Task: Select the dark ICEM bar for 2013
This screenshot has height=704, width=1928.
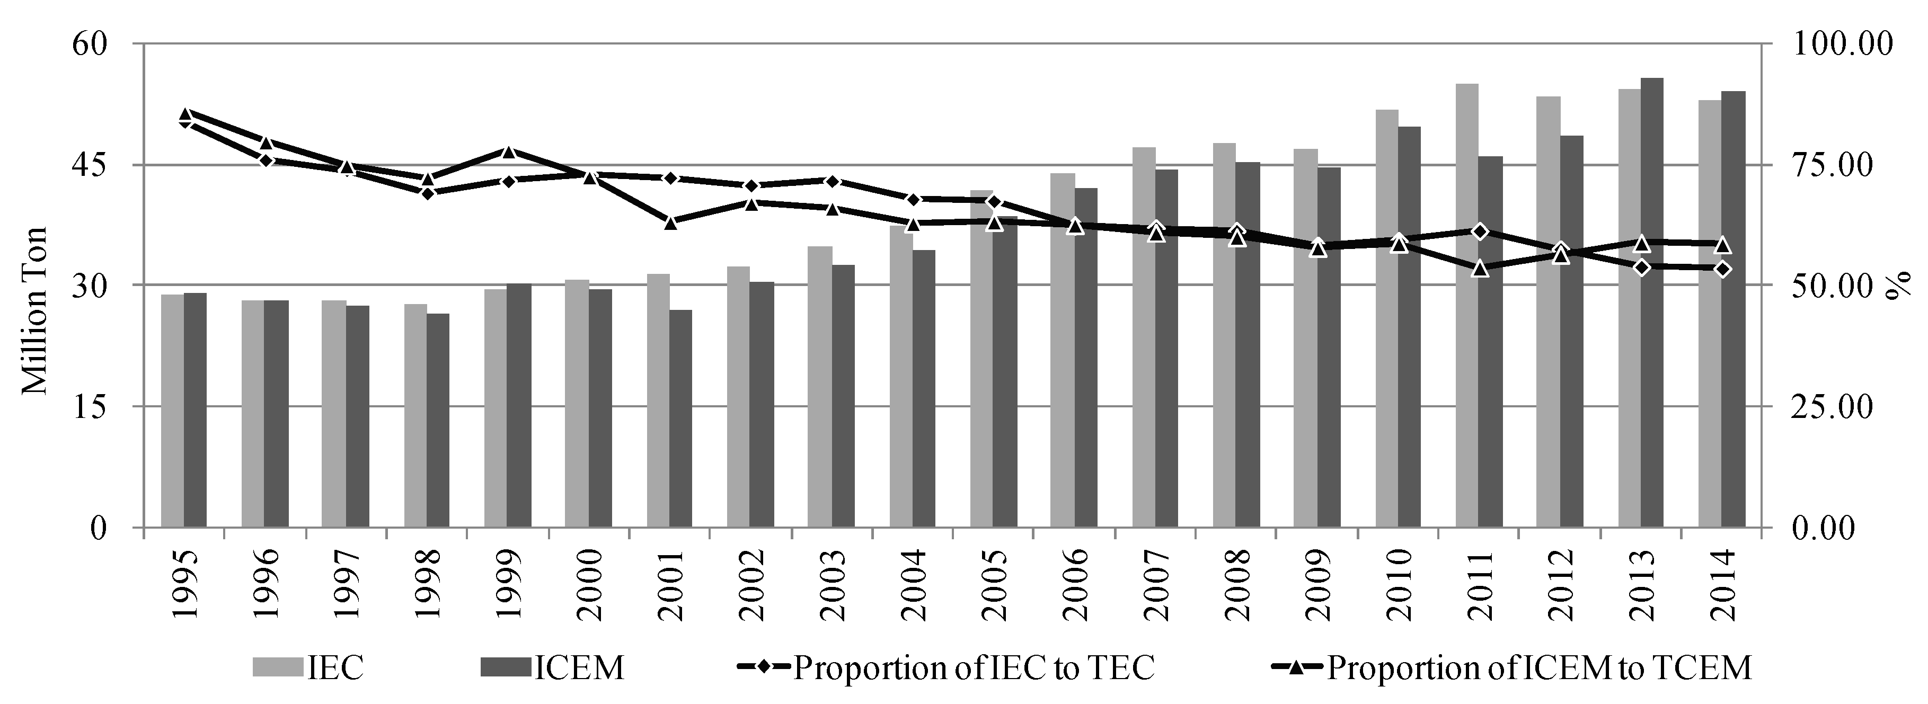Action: [1652, 302]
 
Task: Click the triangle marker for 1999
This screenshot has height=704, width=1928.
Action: [508, 152]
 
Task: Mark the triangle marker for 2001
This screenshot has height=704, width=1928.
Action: [670, 222]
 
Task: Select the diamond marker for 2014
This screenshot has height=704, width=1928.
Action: [1722, 269]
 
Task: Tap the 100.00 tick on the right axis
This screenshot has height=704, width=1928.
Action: [1841, 43]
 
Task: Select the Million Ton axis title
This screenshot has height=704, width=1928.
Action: [34, 310]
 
